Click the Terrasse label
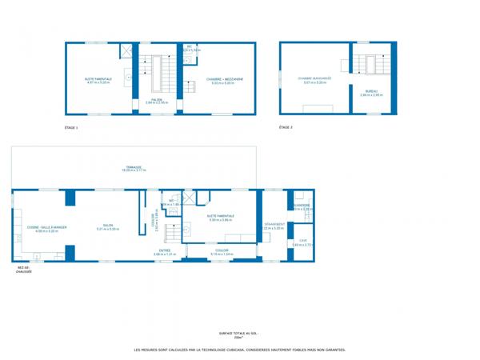pyautogui.click(x=133, y=167)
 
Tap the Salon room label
pyautogui.click(x=107, y=226)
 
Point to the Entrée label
pyautogui.click(x=164, y=251)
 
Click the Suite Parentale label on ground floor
pyautogui.click(x=221, y=216)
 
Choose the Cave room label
pyautogui.click(x=302, y=241)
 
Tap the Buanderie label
pyautogui.click(x=302, y=206)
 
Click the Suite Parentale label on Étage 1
pyautogui.click(x=98, y=79)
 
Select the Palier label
pyautogui.click(x=157, y=100)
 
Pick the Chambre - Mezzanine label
pyautogui.click(x=218, y=79)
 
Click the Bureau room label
pyautogui.click(x=371, y=92)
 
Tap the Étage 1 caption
pyautogui.click(x=71, y=127)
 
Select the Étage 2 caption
pyautogui.click(x=286, y=127)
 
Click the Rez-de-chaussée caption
pyautogui.click(x=23, y=270)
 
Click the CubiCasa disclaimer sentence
pyautogui.click(x=239, y=350)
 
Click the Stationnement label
pyautogui.click(x=274, y=226)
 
